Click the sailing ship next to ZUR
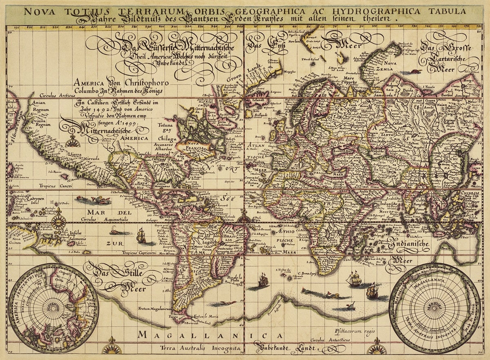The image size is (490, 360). click(x=141, y=236)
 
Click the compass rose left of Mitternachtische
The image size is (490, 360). click(x=73, y=141)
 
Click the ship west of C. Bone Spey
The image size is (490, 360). click(x=261, y=282)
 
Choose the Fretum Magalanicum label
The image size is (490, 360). click(x=153, y=309)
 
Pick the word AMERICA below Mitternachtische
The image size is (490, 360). click(x=134, y=138)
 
